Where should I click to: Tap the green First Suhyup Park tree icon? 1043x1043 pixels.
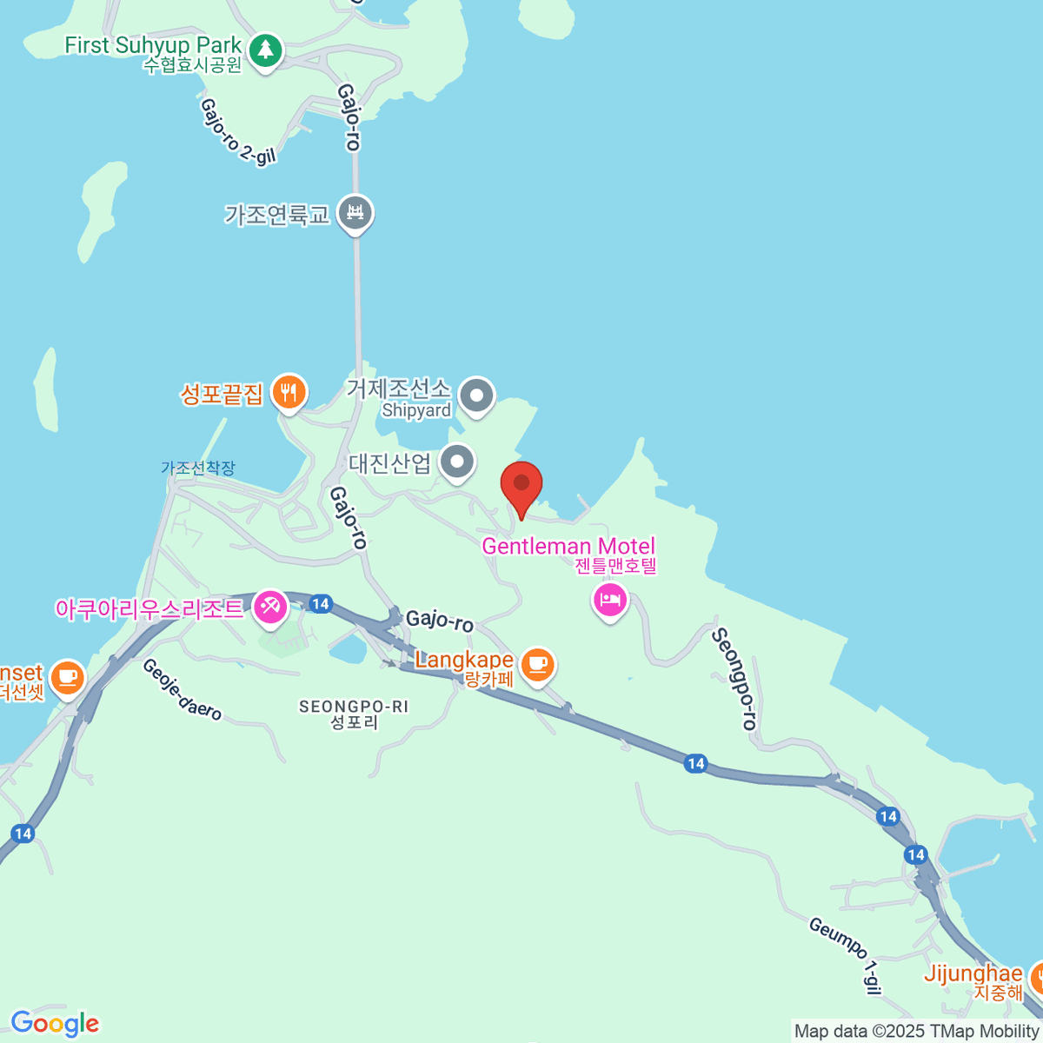tap(266, 50)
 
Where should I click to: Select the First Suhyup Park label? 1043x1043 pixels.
tap(153, 45)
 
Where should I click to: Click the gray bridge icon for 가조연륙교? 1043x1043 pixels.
tap(355, 213)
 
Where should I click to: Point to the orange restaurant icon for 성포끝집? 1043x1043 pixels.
tap(288, 394)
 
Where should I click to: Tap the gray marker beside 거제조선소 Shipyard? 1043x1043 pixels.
tap(475, 396)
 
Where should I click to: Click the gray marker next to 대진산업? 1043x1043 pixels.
tap(457, 462)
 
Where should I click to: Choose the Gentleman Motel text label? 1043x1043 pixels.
tap(568, 547)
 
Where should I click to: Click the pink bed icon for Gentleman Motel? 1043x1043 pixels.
tap(610, 600)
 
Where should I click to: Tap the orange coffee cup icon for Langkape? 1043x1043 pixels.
tap(538, 665)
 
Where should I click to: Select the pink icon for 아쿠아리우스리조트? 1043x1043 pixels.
tap(270, 606)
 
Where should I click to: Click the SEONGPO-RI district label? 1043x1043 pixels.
tap(353, 707)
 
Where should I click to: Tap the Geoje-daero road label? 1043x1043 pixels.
tap(182, 689)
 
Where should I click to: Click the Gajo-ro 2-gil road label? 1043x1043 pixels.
tap(237, 130)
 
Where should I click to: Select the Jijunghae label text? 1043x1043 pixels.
tap(973, 973)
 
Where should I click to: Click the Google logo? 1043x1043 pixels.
tap(55, 1024)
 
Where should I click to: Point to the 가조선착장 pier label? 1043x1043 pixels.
tap(198, 468)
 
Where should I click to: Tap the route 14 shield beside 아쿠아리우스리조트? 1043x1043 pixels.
tap(321, 603)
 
